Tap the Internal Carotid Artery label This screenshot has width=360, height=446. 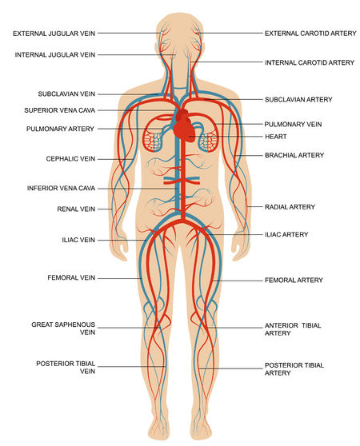tap(309, 62)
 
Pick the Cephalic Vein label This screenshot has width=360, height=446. tap(69, 158)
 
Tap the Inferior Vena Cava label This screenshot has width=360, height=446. tap(62, 189)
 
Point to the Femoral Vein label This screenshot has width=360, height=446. tap(71, 277)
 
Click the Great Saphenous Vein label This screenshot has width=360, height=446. tap(63, 329)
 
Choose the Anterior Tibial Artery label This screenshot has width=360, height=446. tap(294, 330)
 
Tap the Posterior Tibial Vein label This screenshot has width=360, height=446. tap(66, 367)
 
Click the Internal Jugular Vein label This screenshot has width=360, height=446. tap(54, 54)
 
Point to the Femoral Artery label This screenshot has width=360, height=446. tap(294, 281)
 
